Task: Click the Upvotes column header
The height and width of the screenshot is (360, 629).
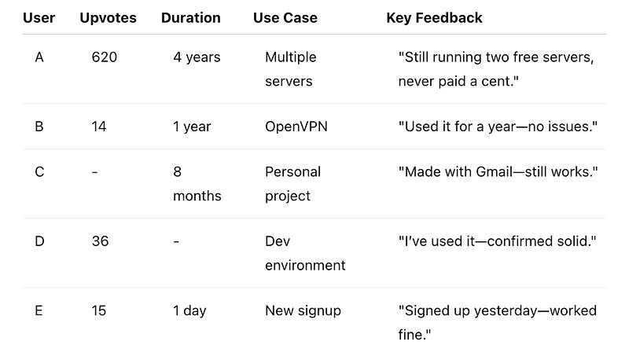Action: (x=108, y=18)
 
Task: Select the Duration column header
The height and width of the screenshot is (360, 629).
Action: (x=191, y=18)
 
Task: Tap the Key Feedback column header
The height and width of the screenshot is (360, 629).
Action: (x=435, y=18)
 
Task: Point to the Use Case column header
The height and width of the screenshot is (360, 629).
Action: (x=285, y=18)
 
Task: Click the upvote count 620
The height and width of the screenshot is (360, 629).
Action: (x=105, y=57)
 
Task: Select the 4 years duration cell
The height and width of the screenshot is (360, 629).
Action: (x=197, y=57)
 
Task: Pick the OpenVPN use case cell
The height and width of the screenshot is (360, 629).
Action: (x=296, y=127)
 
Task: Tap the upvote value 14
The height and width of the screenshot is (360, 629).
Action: (x=99, y=127)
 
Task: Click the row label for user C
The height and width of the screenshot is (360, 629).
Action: (x=39, y=172)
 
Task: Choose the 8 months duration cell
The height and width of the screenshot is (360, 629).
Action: (x=197, y=184)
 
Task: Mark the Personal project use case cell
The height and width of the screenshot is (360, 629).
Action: (x=292, y=184)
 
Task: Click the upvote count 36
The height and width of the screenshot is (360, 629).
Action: (x=101, y=241)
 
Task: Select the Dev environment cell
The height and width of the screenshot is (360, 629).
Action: (x=305, y=253)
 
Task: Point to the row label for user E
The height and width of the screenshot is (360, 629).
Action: (x=39, y=310)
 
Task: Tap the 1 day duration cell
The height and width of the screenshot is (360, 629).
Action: (x=189, y=310)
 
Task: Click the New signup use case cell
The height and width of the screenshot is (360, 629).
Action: (x=303, y=310)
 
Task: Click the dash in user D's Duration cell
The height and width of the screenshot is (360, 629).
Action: (x=176, y=242)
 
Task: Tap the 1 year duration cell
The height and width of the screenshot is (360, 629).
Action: (x=192, y=127)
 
